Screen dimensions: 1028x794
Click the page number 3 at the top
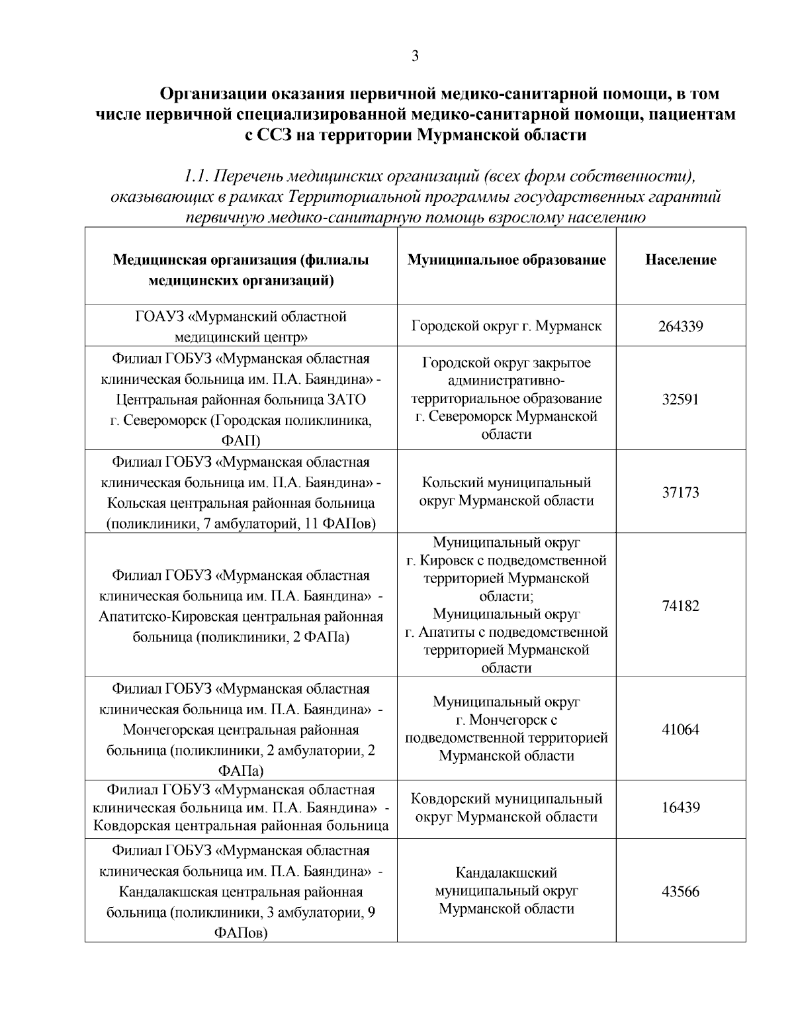pyautogui.click(x=415, y=56)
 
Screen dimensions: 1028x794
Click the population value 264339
pyautogui.click(x=680, y=326)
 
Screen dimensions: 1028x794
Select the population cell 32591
pyautogui.click(x=680, y=399)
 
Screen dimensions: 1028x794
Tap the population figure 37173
pyautogui.click(x=680, y=492)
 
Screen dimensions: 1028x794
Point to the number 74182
pyautogui.click(x=680, y=606)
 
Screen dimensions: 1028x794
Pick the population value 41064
pyautogui.click(x=680, y=729)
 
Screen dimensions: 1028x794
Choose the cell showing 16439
pyautogui.click(x=680, y=808)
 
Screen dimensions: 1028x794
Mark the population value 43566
pyautogui.click(x=680, y=891)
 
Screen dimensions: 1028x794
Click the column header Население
pyautogui.click(x=680, y=260)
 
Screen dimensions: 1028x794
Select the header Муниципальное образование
pyautogui.click(x=506, y=260)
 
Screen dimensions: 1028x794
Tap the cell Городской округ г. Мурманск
pyautogui.click(x=506, y=326)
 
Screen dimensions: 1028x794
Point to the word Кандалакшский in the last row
pyautogui.click(x=506, y=872)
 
